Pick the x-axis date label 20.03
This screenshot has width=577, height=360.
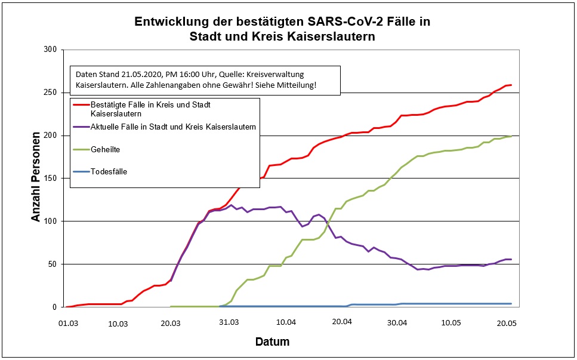point(171,322)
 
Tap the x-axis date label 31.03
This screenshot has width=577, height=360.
point(228,322)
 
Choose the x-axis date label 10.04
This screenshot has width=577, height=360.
point(286,322)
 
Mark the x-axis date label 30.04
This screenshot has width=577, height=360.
point(397,322)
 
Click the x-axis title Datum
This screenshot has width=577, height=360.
point(272,342)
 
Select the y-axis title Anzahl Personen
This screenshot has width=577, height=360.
point(36,178)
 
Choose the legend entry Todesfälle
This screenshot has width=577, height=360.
point(109,171)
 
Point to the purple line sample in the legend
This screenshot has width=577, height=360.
point(81,127)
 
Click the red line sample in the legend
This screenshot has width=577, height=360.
point(81,105)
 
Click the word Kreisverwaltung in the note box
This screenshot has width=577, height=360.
point(276,74)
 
